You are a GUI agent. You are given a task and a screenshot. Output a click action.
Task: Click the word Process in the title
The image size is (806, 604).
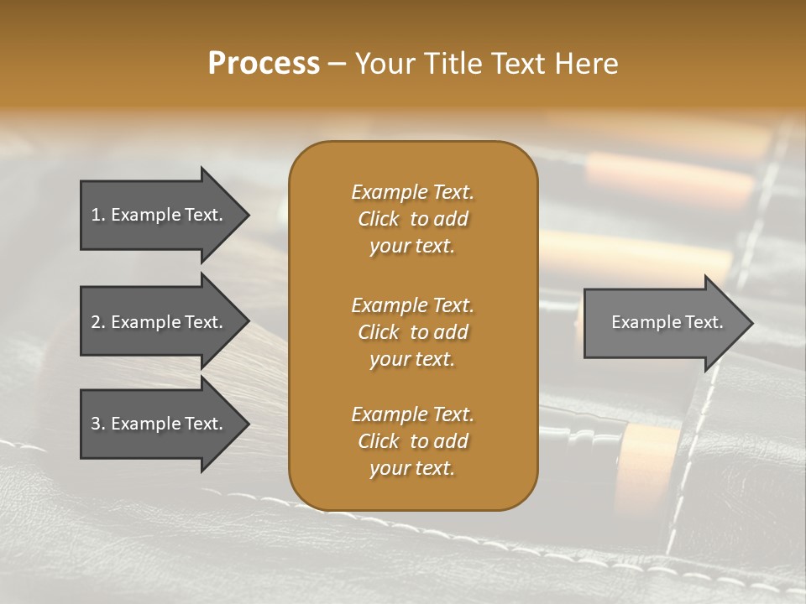(x=264, y=64)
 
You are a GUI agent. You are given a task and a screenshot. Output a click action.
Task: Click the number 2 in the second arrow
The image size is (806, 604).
(x=95, y=322)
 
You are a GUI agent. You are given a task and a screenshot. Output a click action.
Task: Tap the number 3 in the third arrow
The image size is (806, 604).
(x=95, y=424)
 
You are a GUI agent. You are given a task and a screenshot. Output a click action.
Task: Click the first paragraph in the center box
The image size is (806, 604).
(x=412, y=219)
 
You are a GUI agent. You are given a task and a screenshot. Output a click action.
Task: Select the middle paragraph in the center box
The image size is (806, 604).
(x=412, y=332)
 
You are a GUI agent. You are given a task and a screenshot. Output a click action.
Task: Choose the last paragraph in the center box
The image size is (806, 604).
(x=412, y=441)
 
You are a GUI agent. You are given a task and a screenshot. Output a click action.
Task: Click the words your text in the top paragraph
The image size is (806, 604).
(x=411, y=247)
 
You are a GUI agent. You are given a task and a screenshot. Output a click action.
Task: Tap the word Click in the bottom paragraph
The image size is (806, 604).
(x=378, y=441)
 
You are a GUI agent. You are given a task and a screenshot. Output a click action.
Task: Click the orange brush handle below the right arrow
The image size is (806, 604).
(x=651, y=461)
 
